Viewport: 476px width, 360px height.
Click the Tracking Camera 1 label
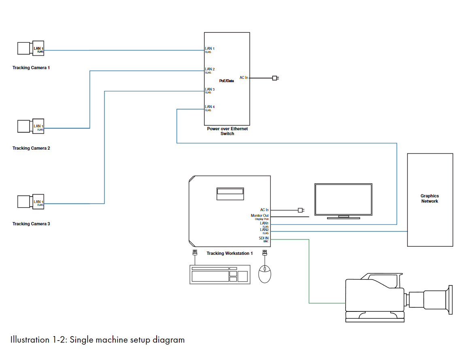click(x=31, y=68)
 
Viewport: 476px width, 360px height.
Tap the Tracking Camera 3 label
click(x=31, y=224)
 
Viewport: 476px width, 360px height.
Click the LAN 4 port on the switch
click(x=210, y=107)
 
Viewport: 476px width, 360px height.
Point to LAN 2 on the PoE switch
click(x=210, y=69)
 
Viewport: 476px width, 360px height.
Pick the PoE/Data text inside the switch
click(x=226, y=81)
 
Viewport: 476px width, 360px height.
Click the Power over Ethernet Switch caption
click(x=227, y=131)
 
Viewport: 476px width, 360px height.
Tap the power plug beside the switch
click(x=275, y=78)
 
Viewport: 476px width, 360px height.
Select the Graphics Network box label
click(x=429, y=199)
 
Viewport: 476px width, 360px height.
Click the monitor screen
click(x=343, y=200)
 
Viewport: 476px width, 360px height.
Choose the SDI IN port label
click(x=263, y=238)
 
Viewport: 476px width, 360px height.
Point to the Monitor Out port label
click(x=259, y=216)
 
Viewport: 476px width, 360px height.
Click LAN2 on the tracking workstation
click(x=264, y=230)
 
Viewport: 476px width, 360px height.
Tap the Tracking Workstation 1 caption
click(x=229, y=254)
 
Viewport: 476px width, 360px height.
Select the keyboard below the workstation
click(x=220, y=274)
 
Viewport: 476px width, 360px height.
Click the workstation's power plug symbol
click(x=300, y=210)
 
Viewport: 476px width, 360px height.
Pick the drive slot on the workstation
click(x=230, y=194)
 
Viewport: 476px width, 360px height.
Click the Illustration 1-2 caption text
click(x=98, y=339)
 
